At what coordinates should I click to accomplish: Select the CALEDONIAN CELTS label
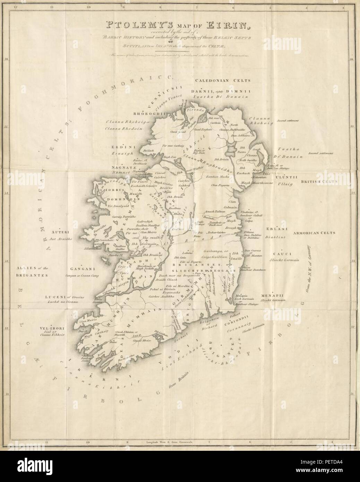coord(222,80)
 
